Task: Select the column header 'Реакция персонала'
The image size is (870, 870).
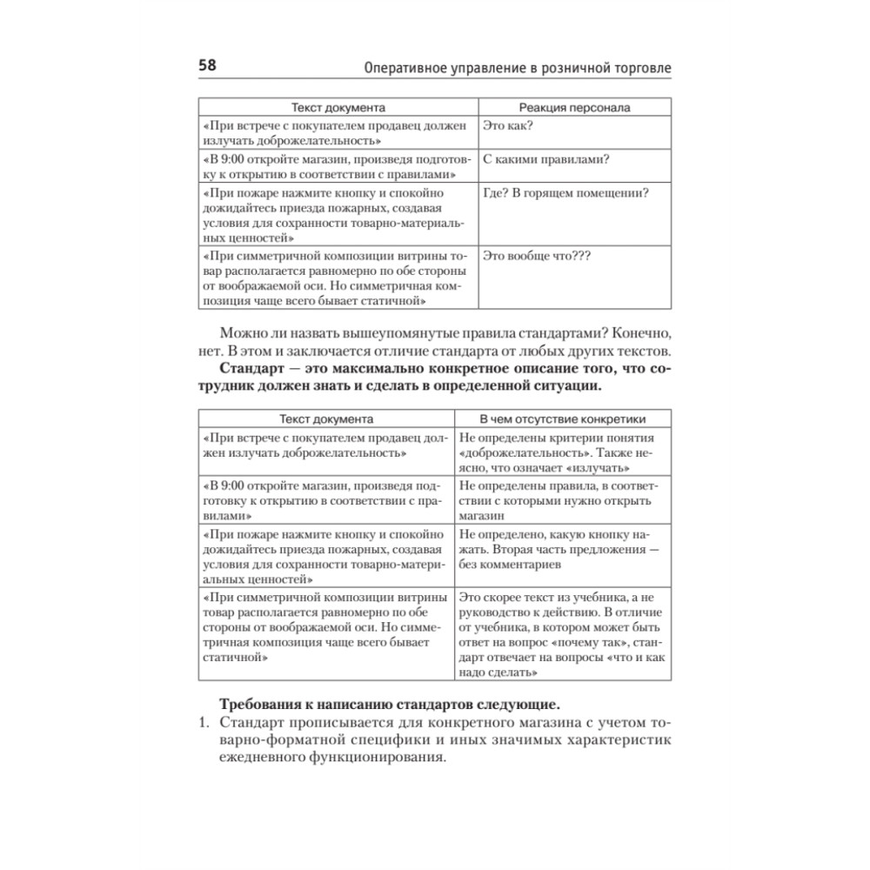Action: [x=574, y=108]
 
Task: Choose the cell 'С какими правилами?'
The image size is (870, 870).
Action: [x=545, y=159]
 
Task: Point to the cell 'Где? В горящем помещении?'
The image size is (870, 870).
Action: [x=565, y=193]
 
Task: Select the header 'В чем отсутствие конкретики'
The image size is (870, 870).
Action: [x=564, y=418]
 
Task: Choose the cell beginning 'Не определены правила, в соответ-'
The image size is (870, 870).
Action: [x=557, y=495]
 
